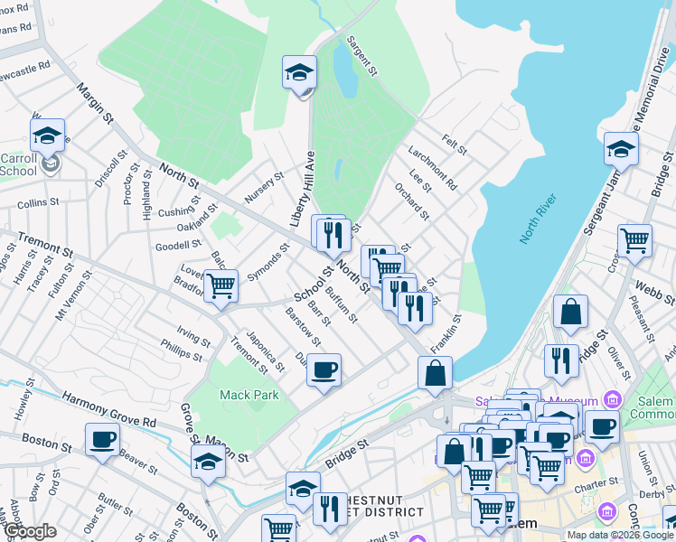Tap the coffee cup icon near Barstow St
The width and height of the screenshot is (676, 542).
(324, 369)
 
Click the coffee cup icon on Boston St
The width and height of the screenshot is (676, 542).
(102, 441)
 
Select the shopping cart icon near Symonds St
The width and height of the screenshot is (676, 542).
(221, 285)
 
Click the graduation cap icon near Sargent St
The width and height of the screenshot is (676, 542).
(299, 72)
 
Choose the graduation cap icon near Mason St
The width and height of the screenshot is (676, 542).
(209, 461)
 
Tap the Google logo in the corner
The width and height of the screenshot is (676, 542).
(29, 531)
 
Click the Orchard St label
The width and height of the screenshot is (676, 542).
(411, 201)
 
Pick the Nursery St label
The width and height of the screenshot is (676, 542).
(264, 187)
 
